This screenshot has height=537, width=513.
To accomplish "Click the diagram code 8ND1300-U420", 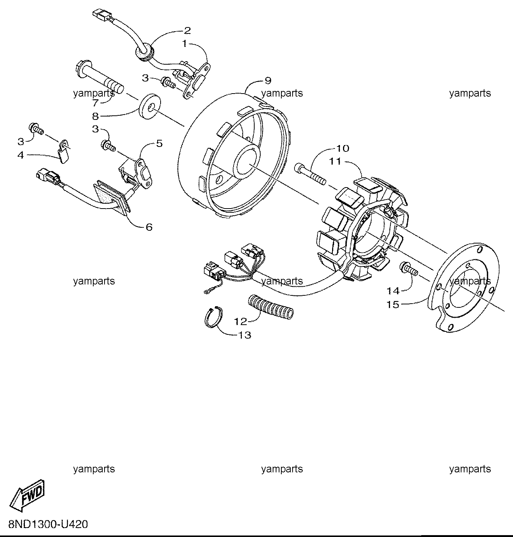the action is pyautogui.click(x=48, y=524).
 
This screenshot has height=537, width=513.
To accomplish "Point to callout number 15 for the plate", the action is pyautogui.click(x=393, y=304).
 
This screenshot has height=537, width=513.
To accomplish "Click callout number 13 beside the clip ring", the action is pyautogui.click(x=245, y=335).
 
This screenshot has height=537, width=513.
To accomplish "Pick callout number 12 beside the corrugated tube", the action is pyautogui.click(x=240, y=322).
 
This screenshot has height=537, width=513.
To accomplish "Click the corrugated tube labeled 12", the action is pyautogui.click(x=270, y=307).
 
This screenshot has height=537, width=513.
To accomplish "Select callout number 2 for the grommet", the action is pyautogui.click(x=187, y=30).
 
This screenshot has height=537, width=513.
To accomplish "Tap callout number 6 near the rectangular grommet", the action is pyautogui.click(x=149, y=227).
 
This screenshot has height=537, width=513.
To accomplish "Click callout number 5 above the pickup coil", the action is pyautogui.click(x=159, y=144).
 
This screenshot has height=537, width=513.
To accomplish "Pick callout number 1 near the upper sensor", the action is pyautogui.click(x=185, y=44).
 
